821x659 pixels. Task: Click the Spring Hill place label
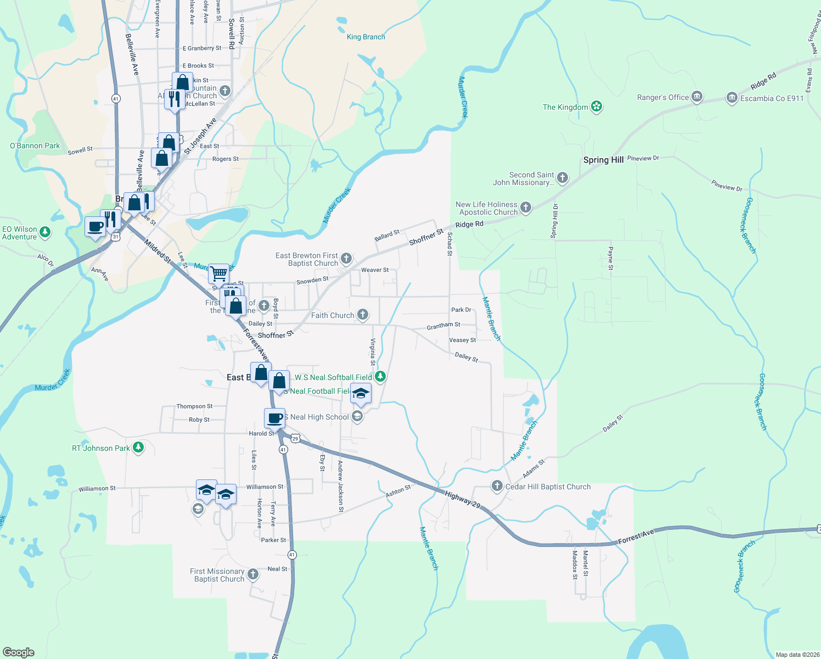click(603, 160)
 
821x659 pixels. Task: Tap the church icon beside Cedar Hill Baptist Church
click(497, 486)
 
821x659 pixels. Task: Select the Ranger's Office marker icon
click(696, 97)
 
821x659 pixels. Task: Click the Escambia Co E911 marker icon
click(732, 98)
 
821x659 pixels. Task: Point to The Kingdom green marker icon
click(597, 107)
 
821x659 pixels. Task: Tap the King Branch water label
click(365, 37)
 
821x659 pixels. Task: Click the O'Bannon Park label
click(35, 146)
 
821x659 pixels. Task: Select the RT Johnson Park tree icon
click(138, 448)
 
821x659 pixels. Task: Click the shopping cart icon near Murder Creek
click(218, 272)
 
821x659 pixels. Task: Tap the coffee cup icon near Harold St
click(275, 418)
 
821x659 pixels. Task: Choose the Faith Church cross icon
click(362, 315)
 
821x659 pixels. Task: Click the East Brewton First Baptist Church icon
click(346, 259)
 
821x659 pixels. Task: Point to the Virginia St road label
click(373, 351)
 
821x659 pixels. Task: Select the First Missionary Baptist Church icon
click(252, 574)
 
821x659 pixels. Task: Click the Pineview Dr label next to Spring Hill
click(643, 158)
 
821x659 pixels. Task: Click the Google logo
click(19, 652)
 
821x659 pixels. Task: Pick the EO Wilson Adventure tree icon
click(45, 232)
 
